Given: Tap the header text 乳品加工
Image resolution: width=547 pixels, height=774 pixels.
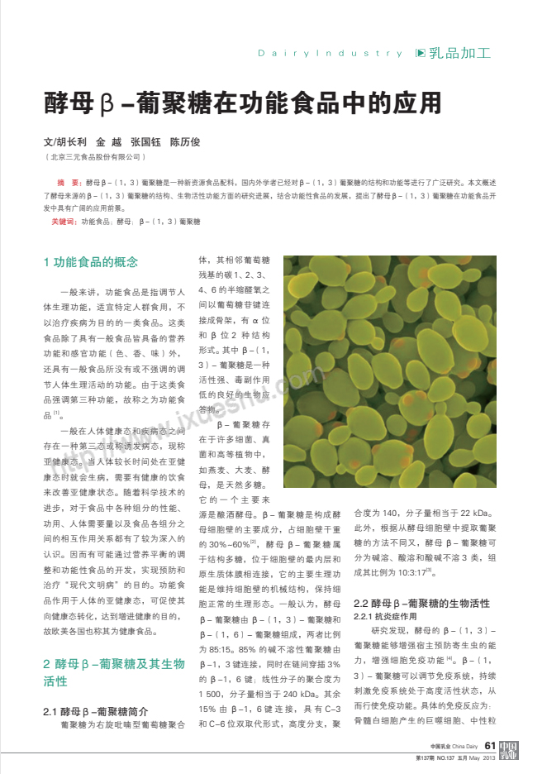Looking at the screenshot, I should [460, 53].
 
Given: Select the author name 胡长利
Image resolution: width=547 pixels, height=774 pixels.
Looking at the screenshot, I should [69, 141].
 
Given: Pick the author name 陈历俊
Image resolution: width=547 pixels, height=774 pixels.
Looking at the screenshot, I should [185, 141].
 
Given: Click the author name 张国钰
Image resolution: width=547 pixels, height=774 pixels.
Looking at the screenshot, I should [145, 141].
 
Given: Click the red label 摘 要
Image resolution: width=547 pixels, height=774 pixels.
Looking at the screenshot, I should [68, 180].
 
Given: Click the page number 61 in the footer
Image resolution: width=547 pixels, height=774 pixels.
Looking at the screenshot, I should [490, 747].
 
